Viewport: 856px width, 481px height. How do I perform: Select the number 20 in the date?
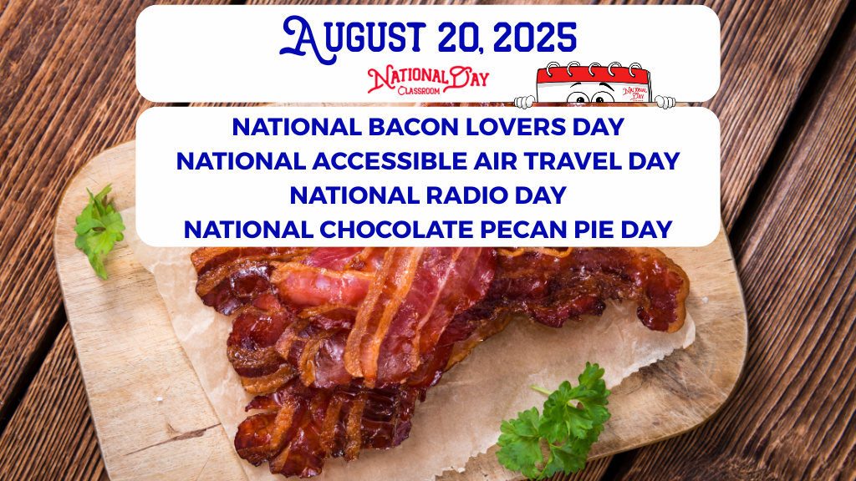460,39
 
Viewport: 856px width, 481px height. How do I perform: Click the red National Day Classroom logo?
428,80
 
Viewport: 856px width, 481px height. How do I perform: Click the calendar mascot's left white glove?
525,101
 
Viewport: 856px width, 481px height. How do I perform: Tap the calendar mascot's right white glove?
665,101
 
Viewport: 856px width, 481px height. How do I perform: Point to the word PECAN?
524,230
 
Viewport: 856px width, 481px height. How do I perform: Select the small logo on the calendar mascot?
635,93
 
